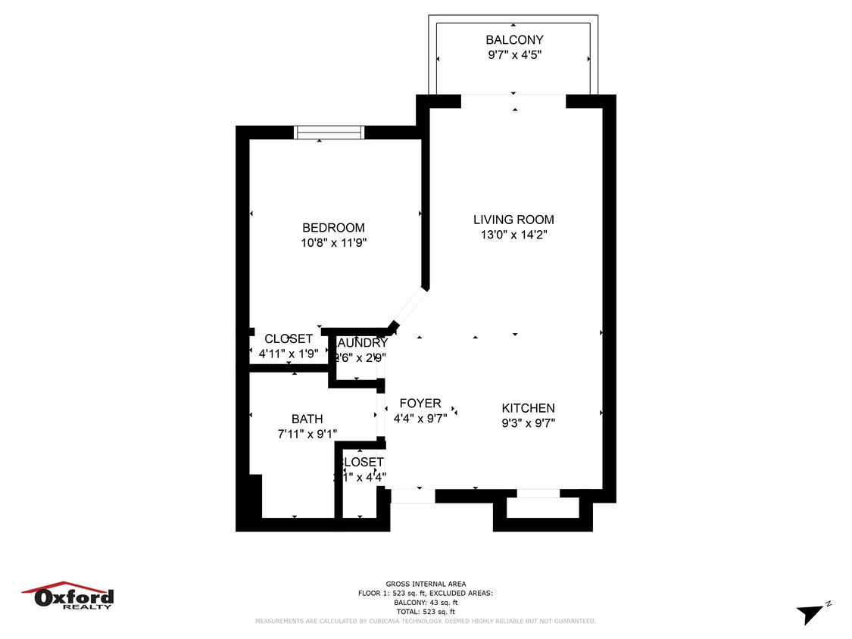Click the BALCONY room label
[x=514, y=40]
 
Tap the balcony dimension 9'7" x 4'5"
[x=514, y=55]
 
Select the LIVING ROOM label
[x=513, y=220]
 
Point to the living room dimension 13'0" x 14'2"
[x=513, y=235]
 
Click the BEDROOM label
[x=333, y=228]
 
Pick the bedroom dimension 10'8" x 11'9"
[x=333, y=243]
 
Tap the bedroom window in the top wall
[x=329, y=132]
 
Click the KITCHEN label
[x=528, y=408]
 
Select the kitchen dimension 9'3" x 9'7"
[x=528, y=423]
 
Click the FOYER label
[x=420, y=404]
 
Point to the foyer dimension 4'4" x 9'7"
[x=420, y=418]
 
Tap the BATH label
[x=307, y=419]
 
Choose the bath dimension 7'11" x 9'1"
[x=307, y=434]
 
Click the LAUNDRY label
[x=361, y=343]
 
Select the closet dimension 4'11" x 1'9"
[x=279, y=353]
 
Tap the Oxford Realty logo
[x=68, y=596]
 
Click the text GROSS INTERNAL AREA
[x=426, y=584]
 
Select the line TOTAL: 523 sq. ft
[x=426, y=611]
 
